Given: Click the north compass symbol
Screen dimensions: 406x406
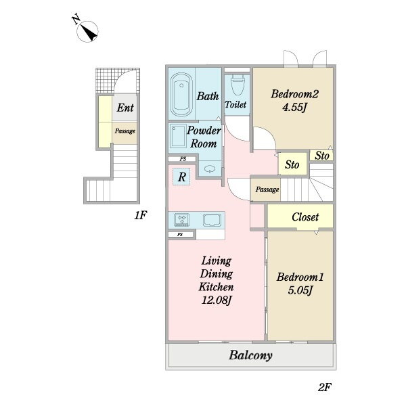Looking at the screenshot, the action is [87, 31].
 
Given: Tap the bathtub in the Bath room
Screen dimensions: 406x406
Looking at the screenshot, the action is [181, 95].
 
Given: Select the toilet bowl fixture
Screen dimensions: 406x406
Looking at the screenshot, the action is [238, 85].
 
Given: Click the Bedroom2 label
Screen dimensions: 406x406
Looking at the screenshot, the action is [294, 94].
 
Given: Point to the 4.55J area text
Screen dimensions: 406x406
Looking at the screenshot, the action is [294, 107].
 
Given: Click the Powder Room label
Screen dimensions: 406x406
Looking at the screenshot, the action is [204, 137].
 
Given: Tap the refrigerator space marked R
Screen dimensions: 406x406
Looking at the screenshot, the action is [182, 177].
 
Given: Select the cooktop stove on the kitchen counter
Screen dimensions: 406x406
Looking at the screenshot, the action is [181, 219].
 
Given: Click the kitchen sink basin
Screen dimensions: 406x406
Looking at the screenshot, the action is [212, 220].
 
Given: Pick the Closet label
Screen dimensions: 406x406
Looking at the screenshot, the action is [305, 217].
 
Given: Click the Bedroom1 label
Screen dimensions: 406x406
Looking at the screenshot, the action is [300, 277].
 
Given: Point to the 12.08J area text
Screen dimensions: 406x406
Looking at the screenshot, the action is [217, 300].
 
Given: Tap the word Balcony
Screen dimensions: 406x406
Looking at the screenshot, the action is [250, 355].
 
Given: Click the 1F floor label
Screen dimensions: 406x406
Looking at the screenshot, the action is [141, 215].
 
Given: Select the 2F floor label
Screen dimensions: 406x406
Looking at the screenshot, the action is [325, 387].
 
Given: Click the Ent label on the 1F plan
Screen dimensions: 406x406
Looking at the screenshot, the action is [125, 108].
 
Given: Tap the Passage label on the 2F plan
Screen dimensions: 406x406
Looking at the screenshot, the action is [267, 189].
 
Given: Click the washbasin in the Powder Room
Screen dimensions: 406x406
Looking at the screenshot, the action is [210, 169].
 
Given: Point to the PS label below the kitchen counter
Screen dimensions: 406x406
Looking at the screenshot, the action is [180, 235].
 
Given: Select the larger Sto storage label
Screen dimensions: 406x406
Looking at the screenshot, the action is [292, 164].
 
